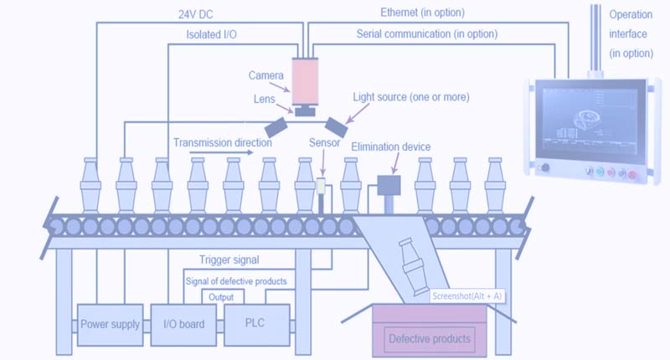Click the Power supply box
pos(111,325)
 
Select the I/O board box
pos(183,325)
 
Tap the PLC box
pos(257,325)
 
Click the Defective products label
pos(430,339)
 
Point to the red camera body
pos(305,81)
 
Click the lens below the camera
pos(305,111)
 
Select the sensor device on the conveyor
pos(321,186)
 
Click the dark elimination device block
pos(389,185)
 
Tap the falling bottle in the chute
pos(412,266)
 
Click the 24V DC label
pos(196,14)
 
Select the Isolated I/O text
pos(212,34)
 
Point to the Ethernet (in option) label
pos(422,13)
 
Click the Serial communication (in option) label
pos(427,33)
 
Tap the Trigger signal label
pos(229,260)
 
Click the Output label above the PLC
pos(221,297)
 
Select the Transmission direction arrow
pos(221,152)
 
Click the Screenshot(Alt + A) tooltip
pos(467,296)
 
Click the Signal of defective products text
pos(236,281)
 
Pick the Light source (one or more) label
pos(411,97)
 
